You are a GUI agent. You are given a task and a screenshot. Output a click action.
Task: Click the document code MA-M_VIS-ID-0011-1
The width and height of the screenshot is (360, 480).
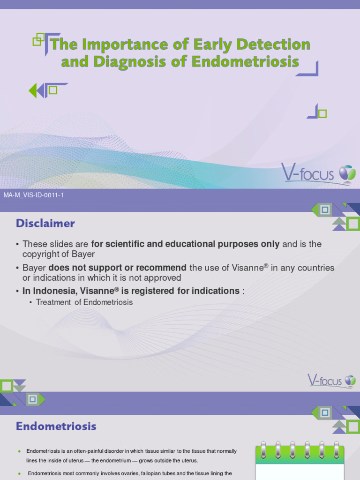(x=33, y=195)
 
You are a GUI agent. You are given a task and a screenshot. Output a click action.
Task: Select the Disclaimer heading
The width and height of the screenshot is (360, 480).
(x=45, y=224)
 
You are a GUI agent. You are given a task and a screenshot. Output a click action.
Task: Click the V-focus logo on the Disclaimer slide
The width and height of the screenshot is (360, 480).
(x=331, y=380)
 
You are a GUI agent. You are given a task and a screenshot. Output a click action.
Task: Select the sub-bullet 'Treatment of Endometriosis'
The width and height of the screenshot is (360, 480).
(x=84, y=302)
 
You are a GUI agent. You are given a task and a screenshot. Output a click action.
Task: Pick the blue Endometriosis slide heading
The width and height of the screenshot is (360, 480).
(x=56, y=427)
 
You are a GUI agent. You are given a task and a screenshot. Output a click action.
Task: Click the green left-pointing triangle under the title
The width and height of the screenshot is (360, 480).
(x=33, y=90)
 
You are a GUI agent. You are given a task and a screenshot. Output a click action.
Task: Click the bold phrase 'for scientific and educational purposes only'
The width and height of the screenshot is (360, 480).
(x=185, y=244)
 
